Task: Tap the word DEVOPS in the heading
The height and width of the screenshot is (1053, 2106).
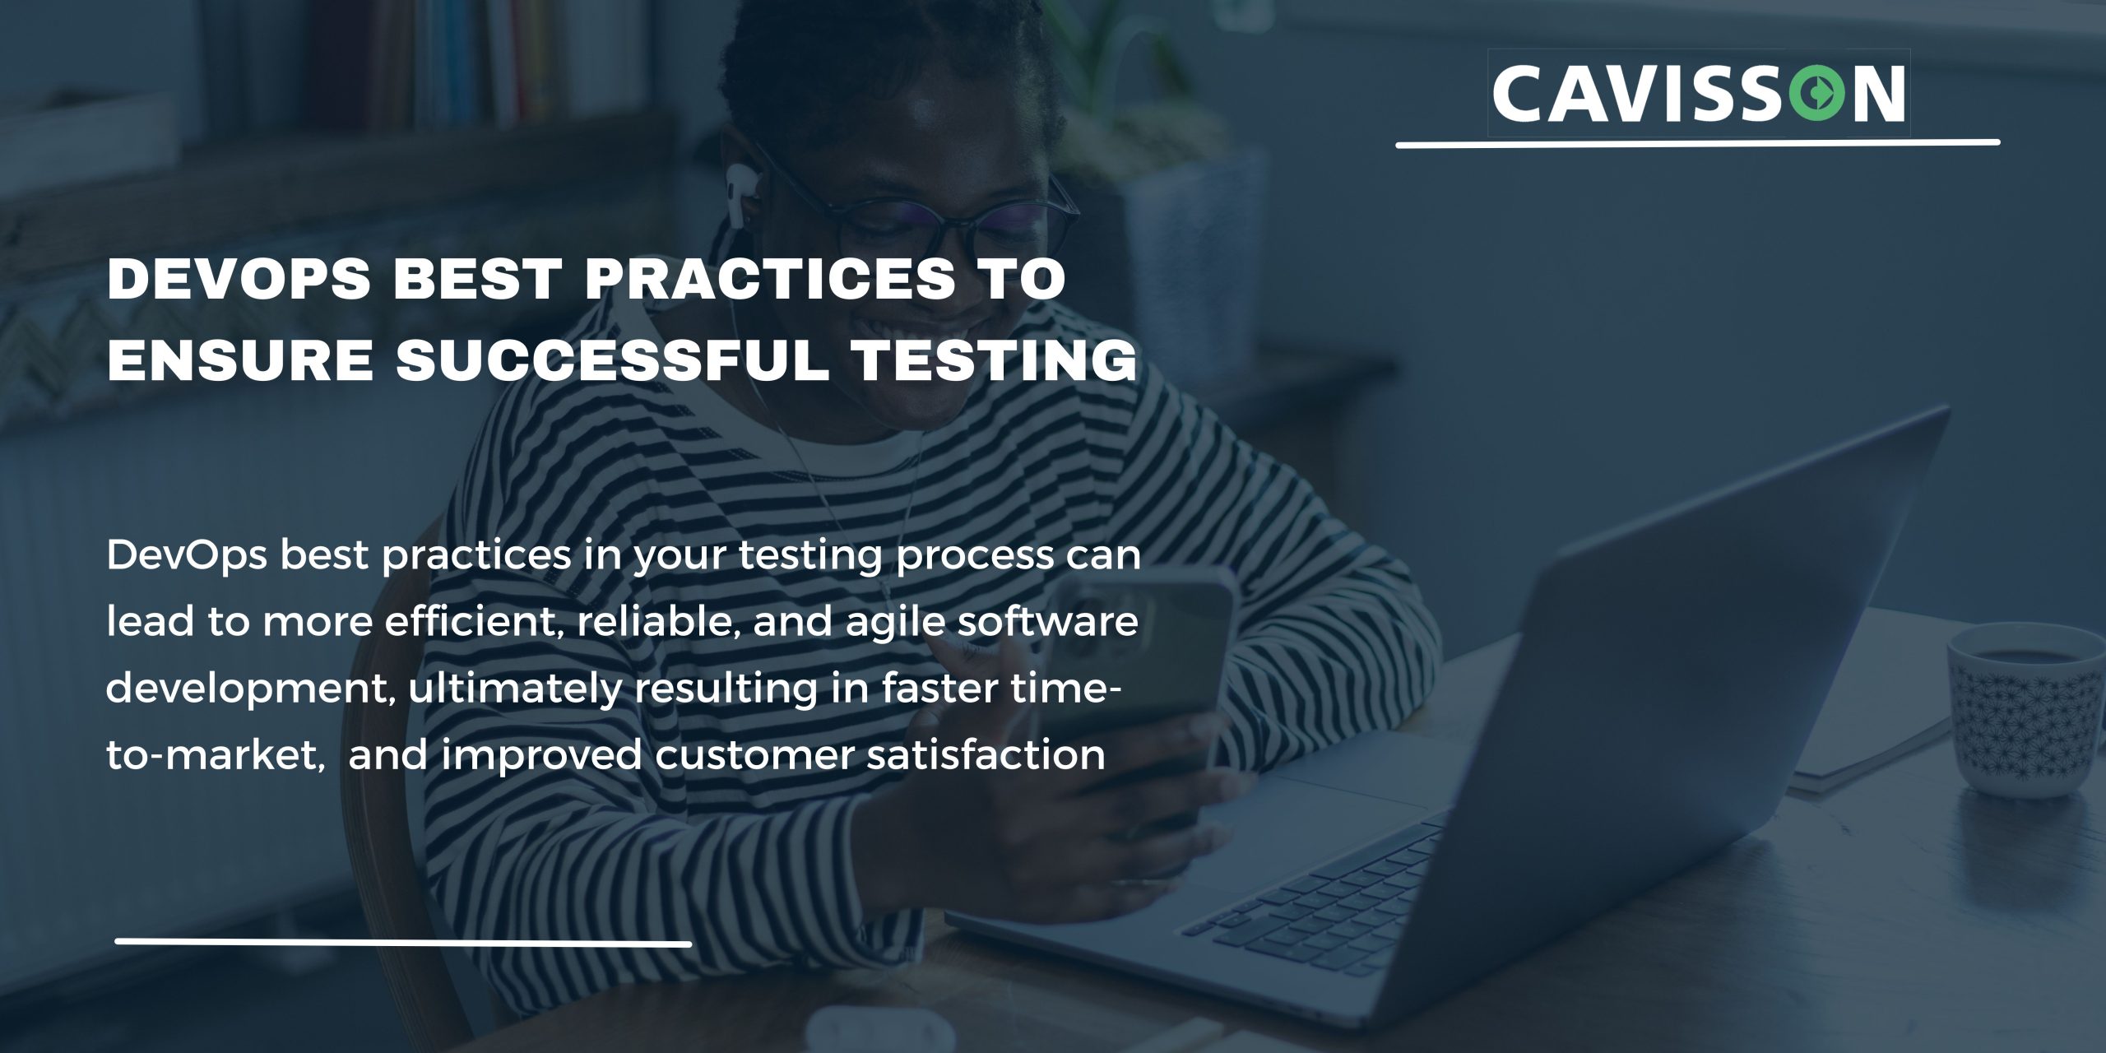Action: tap(239, 279)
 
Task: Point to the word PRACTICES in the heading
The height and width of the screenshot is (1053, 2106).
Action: tap(770, 279)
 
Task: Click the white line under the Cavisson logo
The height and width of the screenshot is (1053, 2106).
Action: tap(1697, 144)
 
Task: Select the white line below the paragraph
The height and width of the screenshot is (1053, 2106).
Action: tap(403, 942)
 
